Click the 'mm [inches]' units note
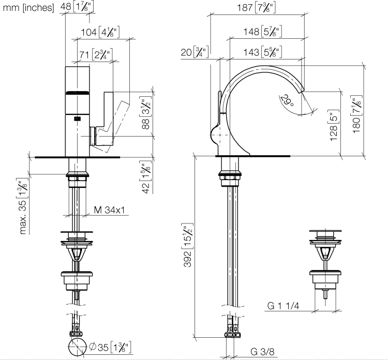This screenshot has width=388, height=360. [28, 8]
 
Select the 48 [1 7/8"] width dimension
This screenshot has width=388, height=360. [77, 7]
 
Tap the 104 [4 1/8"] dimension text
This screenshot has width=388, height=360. [100, 32]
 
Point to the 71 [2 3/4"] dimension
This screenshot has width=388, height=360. [96, 54]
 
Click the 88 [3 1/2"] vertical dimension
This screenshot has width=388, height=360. [146, 113]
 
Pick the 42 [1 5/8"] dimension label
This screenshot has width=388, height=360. [146, 177]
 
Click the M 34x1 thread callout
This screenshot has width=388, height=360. [109, 210]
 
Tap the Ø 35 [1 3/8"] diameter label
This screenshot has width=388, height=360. [110, 347]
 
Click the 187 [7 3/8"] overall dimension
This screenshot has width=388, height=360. [257, 8]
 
